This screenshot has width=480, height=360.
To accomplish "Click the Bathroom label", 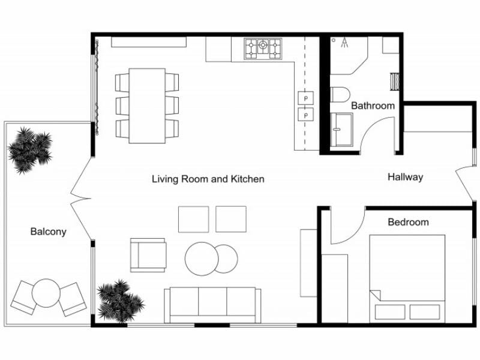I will click(373, 106).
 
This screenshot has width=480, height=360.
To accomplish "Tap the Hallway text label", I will click(405, 177).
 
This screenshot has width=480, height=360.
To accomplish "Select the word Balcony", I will click(48, 232).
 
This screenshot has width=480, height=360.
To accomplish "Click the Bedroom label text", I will click(408, 222).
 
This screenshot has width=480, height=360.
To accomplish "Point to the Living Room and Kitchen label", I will click(208, 179).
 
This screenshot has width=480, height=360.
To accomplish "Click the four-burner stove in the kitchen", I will click(262, 49).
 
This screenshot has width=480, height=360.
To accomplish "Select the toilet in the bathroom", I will click(340, 95).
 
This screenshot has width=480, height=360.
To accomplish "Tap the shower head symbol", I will click(345, 42).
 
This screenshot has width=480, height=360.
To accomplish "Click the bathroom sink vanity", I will click(342, 128).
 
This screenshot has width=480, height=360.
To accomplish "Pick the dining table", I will click(147, 106).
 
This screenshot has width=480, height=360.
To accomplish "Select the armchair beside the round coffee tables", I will click(148, 255).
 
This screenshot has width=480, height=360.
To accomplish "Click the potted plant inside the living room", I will click(120, 300).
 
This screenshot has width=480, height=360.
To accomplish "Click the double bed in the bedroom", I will click(407, 276).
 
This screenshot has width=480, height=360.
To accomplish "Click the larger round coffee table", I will click(202, 259).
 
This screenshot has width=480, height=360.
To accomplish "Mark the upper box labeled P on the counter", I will click(306, 97).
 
